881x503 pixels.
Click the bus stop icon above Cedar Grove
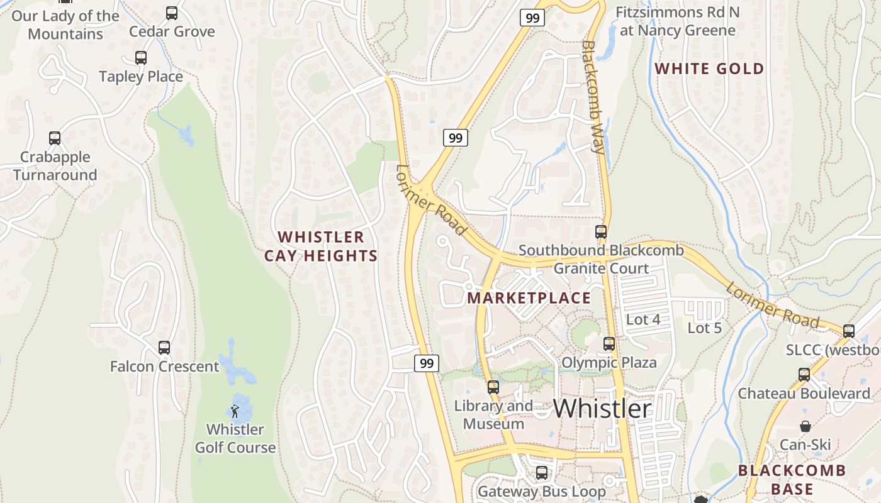click(171, 13)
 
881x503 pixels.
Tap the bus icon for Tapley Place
click(141, 58)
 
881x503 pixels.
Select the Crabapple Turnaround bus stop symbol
click(55, 139)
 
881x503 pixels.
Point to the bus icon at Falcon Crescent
click(164, 347)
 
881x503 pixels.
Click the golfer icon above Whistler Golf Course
click(235, 412)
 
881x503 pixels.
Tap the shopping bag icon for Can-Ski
click(805, 427)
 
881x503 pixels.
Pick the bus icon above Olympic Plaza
click(609, 344)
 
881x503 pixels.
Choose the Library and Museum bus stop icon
click(493, 387)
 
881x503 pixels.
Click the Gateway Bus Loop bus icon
click(541, 473)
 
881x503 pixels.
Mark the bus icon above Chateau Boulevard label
click(804, 375)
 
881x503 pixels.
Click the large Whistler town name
click(602, 409)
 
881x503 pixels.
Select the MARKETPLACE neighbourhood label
click(529, 298)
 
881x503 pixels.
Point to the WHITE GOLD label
click(709, 69)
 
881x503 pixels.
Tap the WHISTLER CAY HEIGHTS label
click(321, 246)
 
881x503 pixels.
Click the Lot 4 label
click(643, 319)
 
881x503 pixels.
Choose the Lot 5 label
click(704, 328)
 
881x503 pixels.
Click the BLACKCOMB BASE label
click(792, 480)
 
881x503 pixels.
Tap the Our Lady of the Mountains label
click(65, 25)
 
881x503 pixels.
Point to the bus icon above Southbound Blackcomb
click(600, 232)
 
